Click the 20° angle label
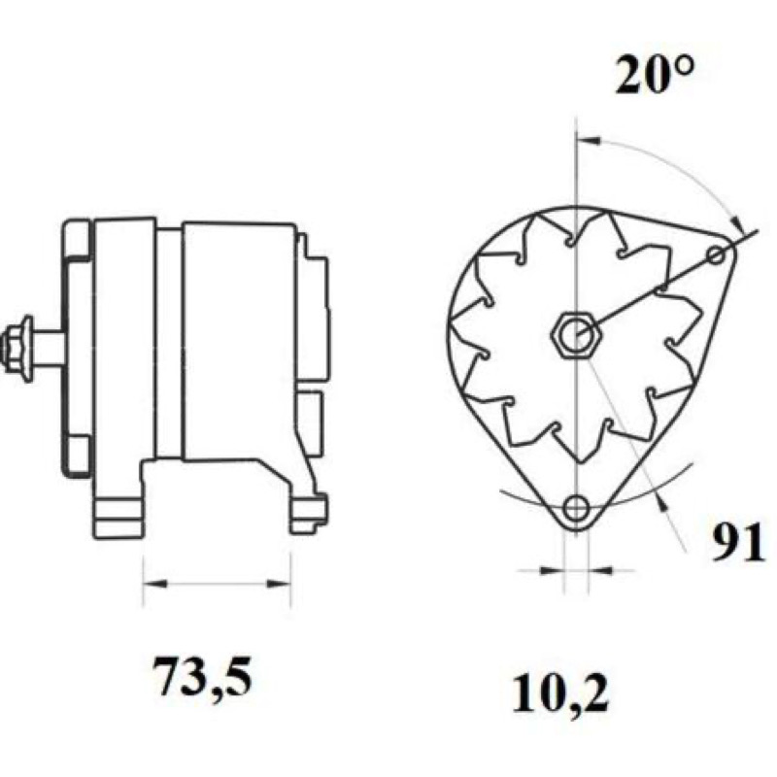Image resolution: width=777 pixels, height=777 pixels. (655, 75)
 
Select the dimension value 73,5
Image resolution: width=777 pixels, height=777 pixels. (202, 676)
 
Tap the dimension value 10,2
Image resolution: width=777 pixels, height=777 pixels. (560, 693)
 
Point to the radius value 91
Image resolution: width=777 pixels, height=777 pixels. (737, 543)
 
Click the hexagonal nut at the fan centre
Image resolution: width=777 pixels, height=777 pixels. (577, 337)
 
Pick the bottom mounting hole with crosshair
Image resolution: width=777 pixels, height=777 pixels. (576, 507)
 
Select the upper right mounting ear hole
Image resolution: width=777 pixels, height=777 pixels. (717, 255)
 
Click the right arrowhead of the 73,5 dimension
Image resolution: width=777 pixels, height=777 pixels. (280, 584)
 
